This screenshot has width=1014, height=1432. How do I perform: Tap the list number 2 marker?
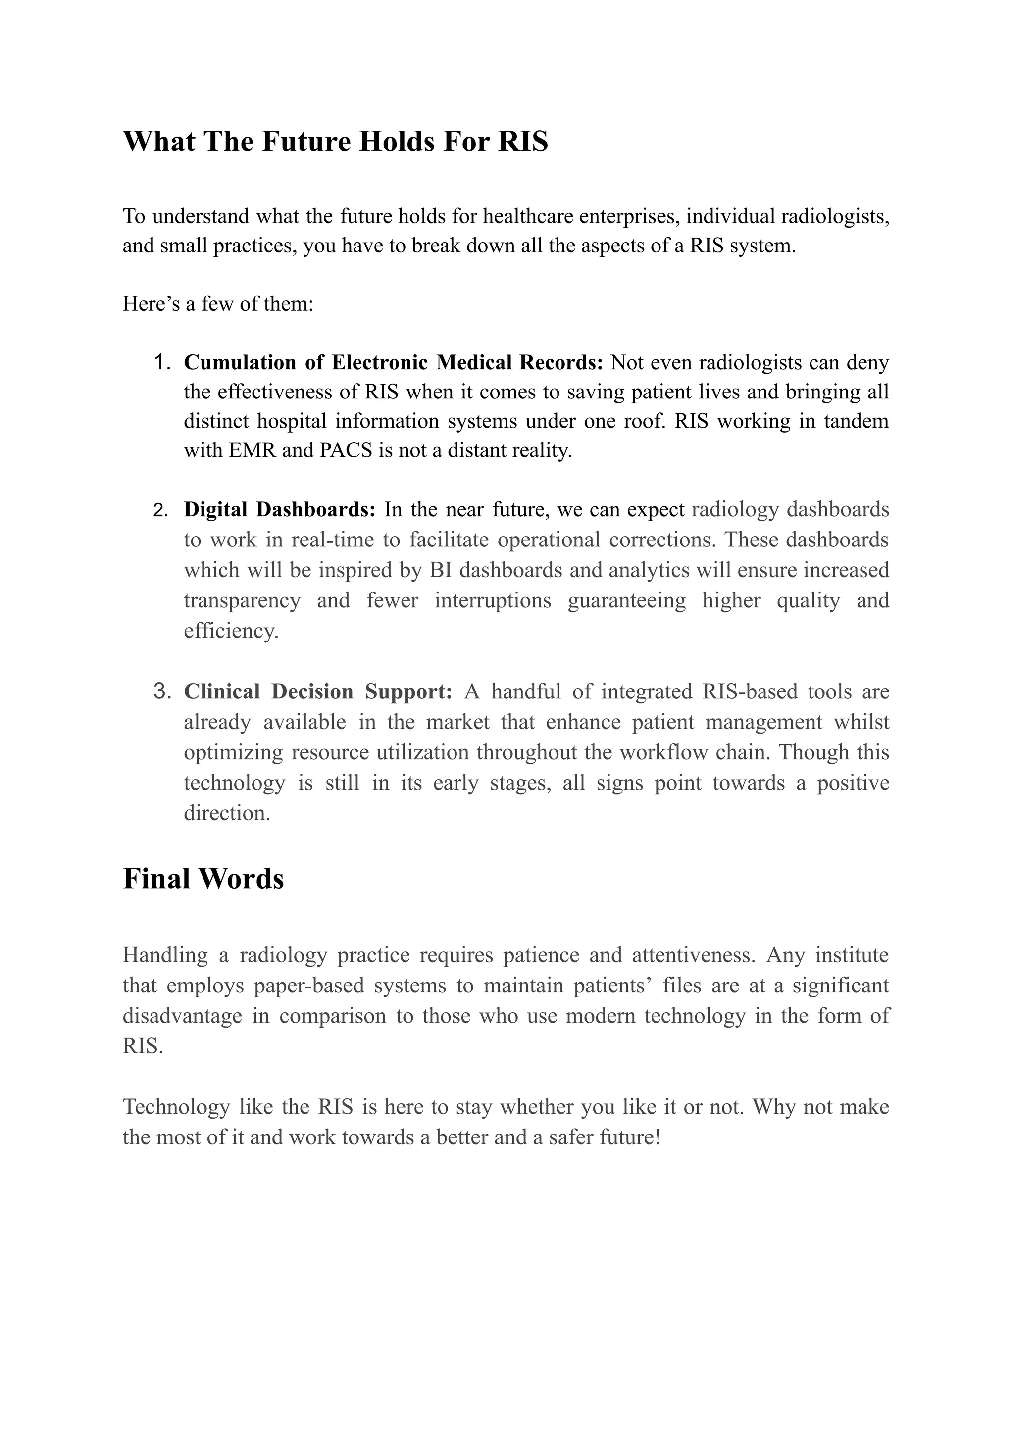pyautogui.click(x=160, y=511)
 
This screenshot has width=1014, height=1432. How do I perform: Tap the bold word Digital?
pyautogui.click(x=215, y=509)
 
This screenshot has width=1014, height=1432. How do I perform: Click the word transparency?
pyautogui.click(x=242, y=600)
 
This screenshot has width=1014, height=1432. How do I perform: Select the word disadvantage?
pyautogui.click(x=182, y=1016)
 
